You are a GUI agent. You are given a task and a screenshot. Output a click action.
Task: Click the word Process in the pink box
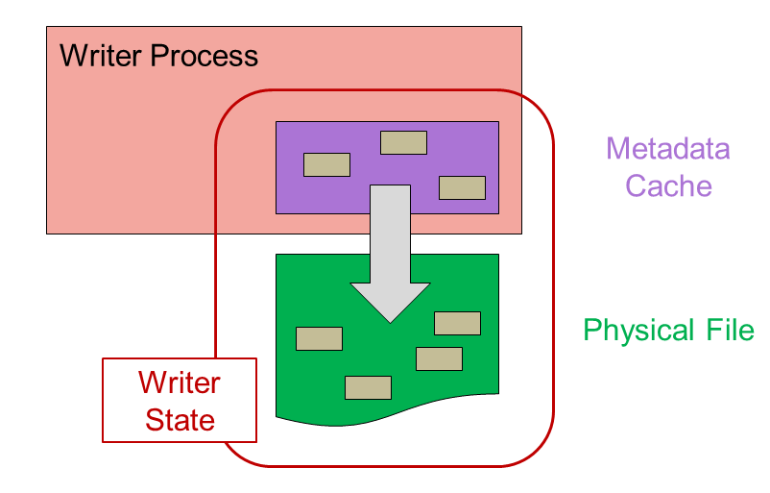click(x=205, y=56)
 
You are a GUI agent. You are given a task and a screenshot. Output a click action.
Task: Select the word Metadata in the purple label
click(x=667, y=149)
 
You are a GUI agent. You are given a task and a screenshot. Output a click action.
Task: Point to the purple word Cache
click(x=668, y=185)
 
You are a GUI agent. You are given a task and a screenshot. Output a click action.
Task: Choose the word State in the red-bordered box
click(x=180, y=419)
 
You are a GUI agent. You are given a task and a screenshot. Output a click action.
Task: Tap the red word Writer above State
click(x=180, y=383)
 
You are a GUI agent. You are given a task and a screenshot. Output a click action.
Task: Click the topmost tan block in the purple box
click(x=403, y=142)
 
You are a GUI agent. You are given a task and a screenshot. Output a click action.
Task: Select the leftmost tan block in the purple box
click(x=326, y=164)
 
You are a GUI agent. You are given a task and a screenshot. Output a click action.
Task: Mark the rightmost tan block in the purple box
click(x=462, y=187)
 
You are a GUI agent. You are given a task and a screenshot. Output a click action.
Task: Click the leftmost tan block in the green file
click(x=319, y=338)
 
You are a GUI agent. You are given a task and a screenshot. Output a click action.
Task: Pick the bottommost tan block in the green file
click(x=368, y=387)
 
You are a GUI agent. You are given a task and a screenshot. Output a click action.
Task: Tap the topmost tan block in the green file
click(x=457, y=323)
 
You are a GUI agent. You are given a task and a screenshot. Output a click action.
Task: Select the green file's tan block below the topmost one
click(x=439, y=358)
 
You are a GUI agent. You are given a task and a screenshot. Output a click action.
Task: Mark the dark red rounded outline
click(x=554, y=288)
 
